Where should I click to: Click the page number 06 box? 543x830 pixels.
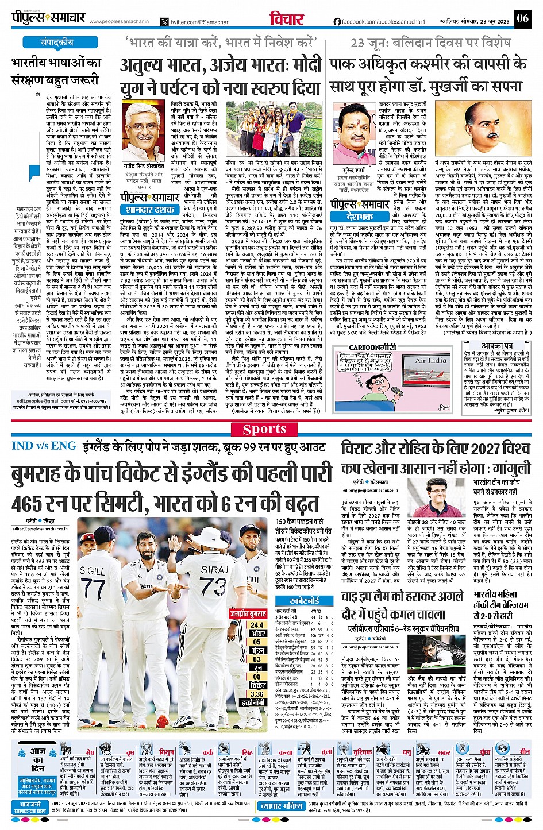[x=522, y=18]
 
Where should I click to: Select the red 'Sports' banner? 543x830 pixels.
[x=264, y=429]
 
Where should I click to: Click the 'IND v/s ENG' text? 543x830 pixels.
[x=43, y=446]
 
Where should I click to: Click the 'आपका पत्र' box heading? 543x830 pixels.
[x=496, y=346]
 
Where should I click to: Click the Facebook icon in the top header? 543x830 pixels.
[x=337, y=22]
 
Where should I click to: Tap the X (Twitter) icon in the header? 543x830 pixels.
[x=165, y=22]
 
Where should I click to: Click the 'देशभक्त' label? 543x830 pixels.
[x=359, y=217]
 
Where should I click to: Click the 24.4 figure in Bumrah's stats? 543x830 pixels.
[x=257, y=625]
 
